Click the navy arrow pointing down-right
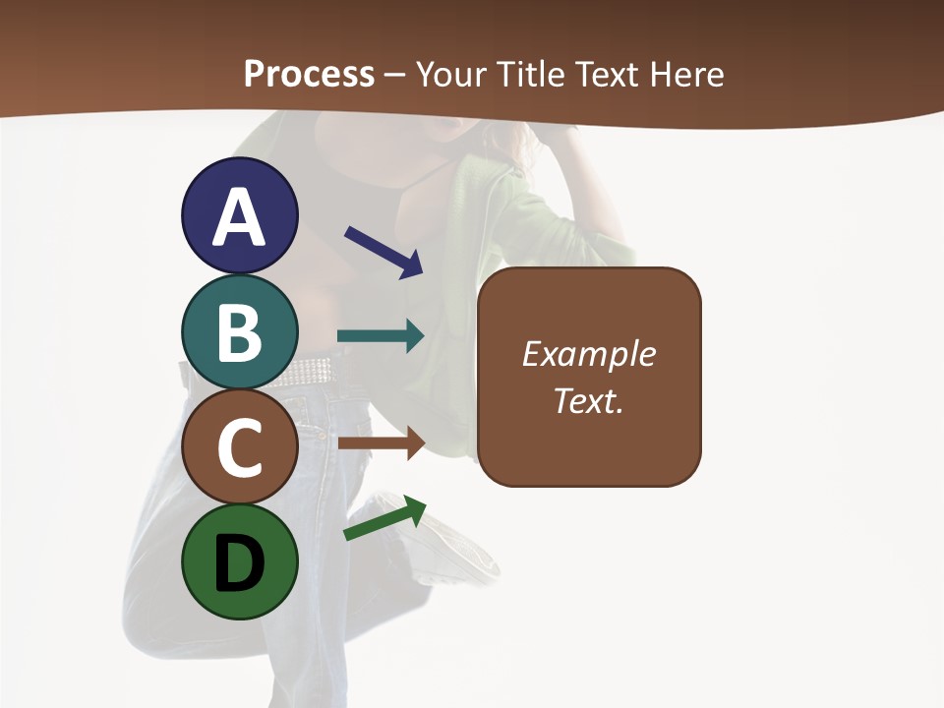pos(383,252)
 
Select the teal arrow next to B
pos(381,336)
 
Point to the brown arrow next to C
pos(381,444)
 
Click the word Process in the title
pos(309,74)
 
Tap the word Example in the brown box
pos(589,354)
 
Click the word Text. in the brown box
pos(589,401)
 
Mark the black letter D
pos(240,562)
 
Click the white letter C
pos(240,448)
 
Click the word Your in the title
pos(452,74)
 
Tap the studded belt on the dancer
pos(305,372)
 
